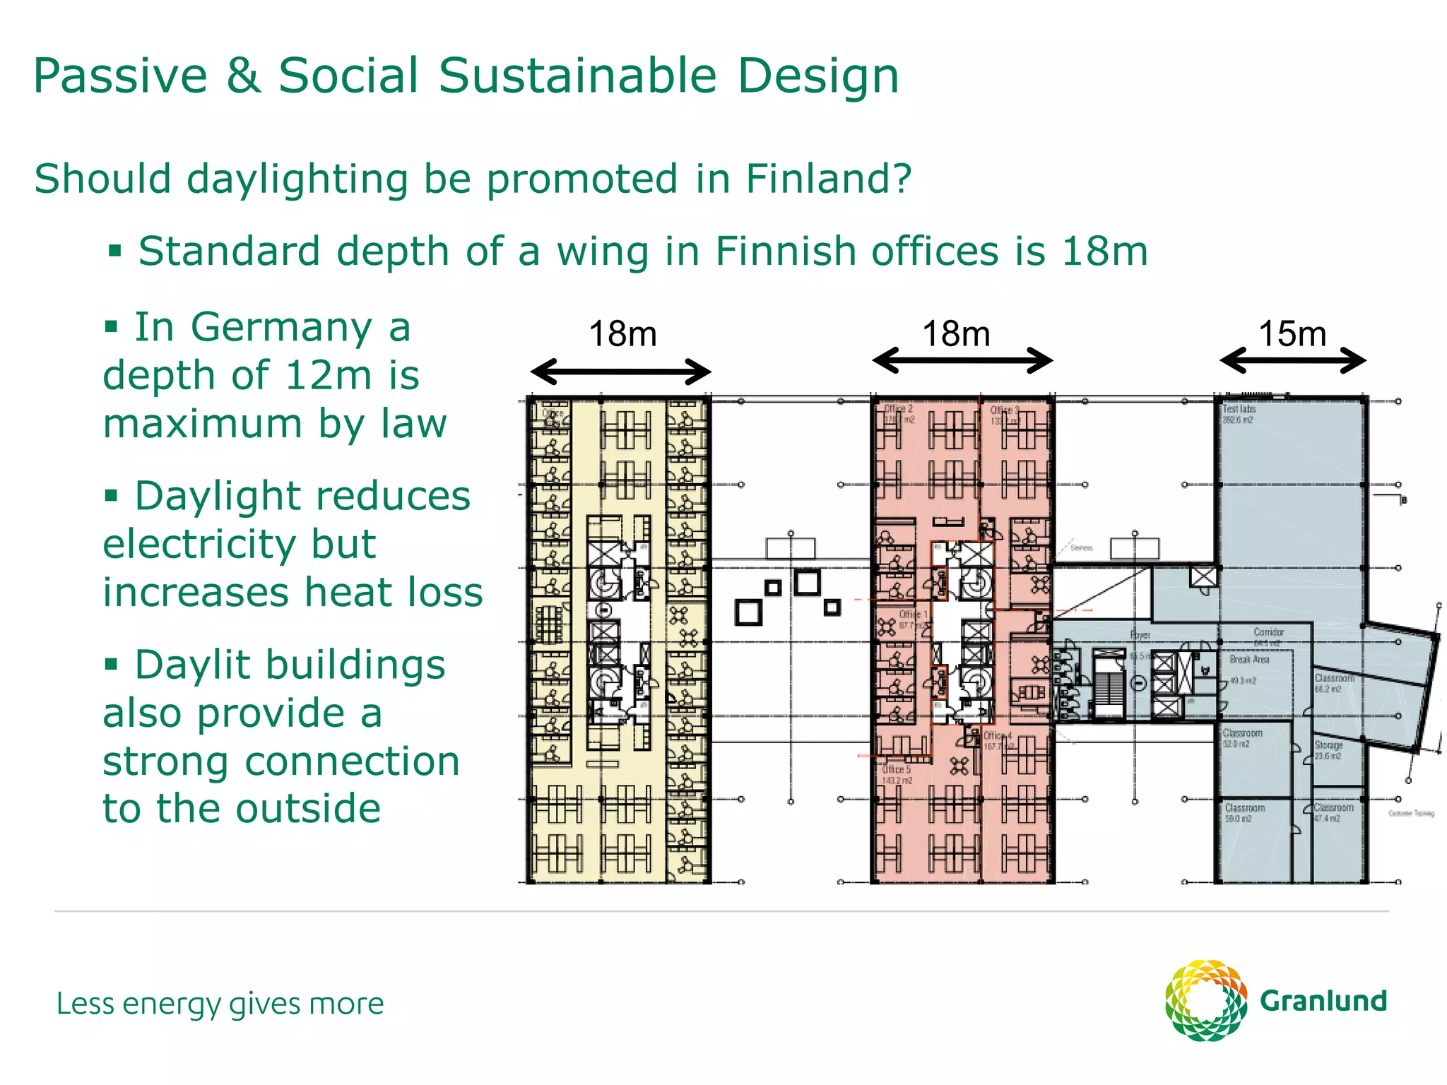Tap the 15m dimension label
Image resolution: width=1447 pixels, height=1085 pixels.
point(1292,333)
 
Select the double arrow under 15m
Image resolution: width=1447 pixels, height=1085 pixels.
point(1292,360)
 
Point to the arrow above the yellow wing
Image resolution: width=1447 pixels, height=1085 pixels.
point(620,372)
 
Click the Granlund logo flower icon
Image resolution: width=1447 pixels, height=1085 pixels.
point(1205,1000)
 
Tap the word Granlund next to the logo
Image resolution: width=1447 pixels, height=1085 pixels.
point(1323,1001)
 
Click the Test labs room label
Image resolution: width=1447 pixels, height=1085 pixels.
point(1239,410)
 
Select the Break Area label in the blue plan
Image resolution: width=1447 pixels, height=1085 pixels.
point(1249,659)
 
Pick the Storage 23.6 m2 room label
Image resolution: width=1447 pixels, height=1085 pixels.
point(1328,749)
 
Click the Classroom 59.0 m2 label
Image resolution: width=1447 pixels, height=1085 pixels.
point(1244,812)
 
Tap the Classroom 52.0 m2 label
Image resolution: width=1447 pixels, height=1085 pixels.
point(1242,738)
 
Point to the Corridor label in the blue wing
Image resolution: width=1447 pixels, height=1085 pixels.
point(1268,632)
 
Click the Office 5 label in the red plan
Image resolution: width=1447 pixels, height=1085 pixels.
point(897,774)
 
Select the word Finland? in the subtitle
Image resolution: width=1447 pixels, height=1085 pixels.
point(829,179)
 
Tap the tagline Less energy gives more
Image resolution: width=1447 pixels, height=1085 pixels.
point(220,1004)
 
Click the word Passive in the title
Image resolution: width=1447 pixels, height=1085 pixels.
point(120,76)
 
